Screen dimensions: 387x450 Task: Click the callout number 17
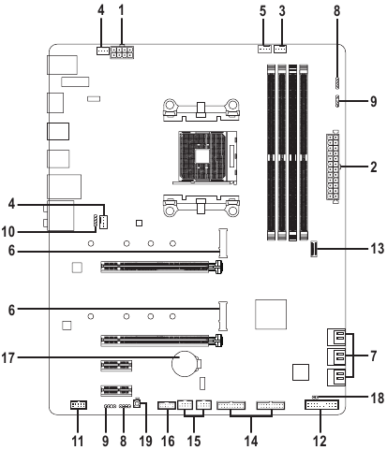tap(8, 358)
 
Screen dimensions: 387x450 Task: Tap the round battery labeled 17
tap(185, 363)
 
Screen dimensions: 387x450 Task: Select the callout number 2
tap(373, 167)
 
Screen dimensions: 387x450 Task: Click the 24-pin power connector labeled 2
tap(333, 167)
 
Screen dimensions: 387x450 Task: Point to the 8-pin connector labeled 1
tap(122, 52)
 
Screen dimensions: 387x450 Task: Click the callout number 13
tap(377, 249)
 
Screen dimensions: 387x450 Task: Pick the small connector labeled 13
tap(314, 249)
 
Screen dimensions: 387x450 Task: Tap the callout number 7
tap(373, 356)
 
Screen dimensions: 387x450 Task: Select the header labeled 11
tap(78, 405)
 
